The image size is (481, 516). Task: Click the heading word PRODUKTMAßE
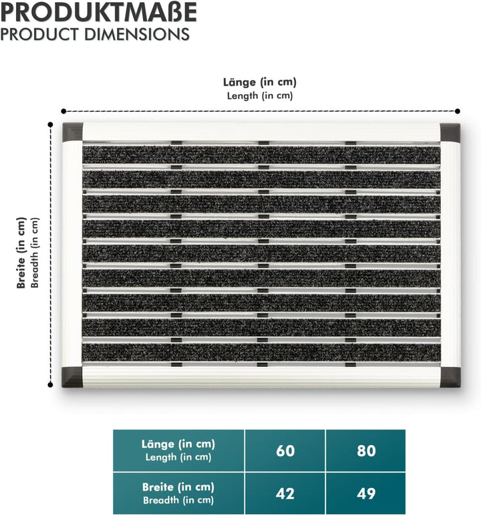pos(99,13)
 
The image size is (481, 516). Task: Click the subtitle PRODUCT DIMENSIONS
pos(95,33)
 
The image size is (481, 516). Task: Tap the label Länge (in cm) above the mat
pos(259,82)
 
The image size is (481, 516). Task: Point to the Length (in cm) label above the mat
pos(259,96)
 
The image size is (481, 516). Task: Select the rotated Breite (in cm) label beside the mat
pos(22,253)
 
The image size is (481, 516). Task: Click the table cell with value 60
pos(285,450)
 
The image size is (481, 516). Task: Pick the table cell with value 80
pos(366,450)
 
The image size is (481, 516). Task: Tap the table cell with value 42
pos(285,494)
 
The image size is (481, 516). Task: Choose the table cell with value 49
pos(366,494)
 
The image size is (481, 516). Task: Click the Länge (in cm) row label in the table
pos(178,444)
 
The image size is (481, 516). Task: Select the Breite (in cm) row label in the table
pos(178,487)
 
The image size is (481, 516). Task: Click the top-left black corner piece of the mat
pos(72,132)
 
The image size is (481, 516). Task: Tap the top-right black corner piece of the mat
pos(450,132)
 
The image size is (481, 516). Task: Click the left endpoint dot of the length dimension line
pos(63,112)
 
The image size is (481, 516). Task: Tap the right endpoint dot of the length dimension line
pos(458,112)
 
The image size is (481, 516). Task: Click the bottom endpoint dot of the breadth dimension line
pos(51,384)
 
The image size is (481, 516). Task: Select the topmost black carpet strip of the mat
pos(261,155)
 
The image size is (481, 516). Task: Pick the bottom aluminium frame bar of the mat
pos(261,376)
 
